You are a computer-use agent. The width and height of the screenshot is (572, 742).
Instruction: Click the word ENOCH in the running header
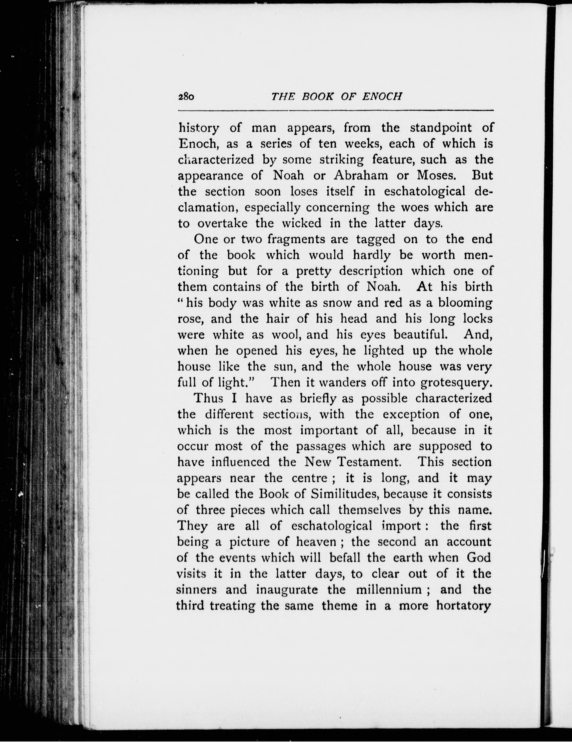point(381,97)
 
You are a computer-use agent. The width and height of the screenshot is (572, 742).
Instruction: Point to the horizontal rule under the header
point(336,111)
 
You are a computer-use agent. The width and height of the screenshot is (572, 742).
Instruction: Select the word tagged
point(376,240)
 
